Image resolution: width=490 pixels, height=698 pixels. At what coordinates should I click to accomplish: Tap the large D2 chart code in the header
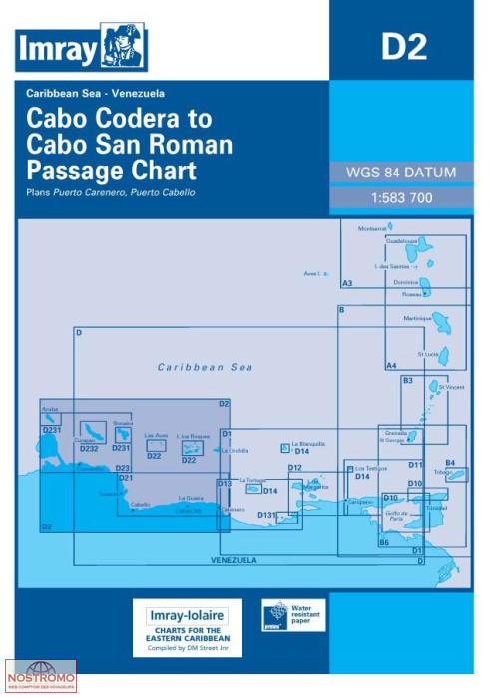pos(404,47)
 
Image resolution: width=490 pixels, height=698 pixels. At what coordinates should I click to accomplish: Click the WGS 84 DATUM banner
pos(400,173)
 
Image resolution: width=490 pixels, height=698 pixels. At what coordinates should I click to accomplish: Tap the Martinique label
pos(418,318)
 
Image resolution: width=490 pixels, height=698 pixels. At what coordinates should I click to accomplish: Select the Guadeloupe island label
pos(401,241)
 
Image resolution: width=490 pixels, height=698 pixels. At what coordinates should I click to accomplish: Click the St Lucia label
pos(428,353)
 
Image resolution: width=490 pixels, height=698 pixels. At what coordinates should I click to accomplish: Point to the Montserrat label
pos(371,228)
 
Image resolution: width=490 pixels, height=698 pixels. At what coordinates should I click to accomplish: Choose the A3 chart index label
pos(347,284)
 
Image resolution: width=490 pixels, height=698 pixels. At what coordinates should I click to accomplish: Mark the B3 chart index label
pos(407,380)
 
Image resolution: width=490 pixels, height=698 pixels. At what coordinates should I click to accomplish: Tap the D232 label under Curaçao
pos(89,449)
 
